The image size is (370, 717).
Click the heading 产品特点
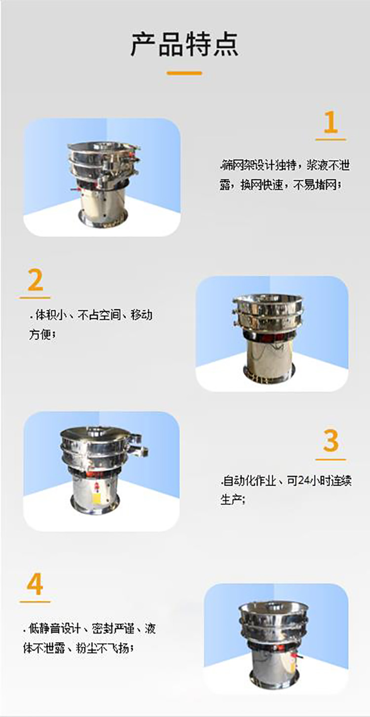point(185,44)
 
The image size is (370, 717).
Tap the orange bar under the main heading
point(185,73)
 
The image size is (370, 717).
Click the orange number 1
point(331,122)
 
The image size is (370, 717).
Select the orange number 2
point(35,280)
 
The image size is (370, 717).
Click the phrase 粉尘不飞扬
point(102,648)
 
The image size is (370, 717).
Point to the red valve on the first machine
point(75,190)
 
